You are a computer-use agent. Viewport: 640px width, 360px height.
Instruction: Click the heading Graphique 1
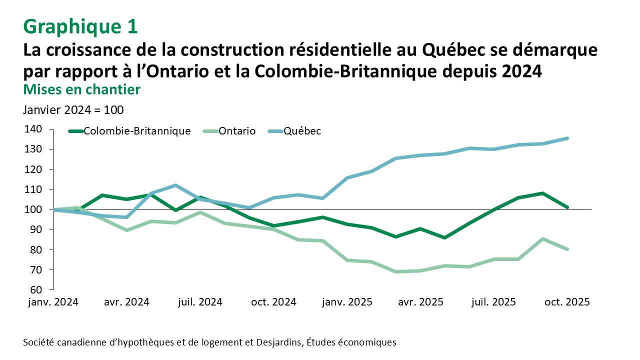point(80,26)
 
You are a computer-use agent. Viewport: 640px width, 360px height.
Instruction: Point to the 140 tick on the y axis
point(32,129)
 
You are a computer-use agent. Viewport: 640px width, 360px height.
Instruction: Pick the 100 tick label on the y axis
point(32,210)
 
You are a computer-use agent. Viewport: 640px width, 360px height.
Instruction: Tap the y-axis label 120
point(32,169)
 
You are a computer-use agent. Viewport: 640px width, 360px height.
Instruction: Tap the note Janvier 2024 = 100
point(73,110)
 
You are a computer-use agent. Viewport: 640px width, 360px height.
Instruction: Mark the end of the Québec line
point(567,138)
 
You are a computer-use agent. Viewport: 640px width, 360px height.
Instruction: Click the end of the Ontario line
point(567,249)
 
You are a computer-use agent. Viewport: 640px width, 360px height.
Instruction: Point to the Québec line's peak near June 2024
point(175,185)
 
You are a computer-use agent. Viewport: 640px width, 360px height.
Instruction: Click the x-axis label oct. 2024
point(273,302)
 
